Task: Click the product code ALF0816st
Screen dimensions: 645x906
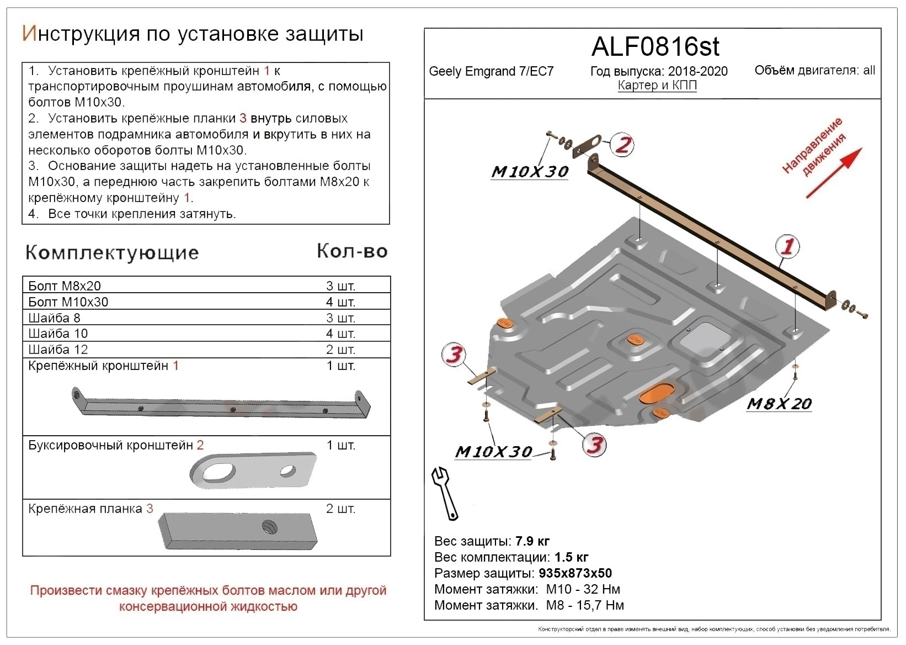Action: point(655,47)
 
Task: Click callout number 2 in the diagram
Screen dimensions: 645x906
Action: point(622,145)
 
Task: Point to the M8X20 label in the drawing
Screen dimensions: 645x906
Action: point(779,404)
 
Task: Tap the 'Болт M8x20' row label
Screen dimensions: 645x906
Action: point(65,286)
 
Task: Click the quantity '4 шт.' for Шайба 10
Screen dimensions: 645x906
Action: point(340,334)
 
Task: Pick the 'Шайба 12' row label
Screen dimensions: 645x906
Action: point(58,350)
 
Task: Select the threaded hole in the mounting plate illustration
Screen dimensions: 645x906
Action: point(269,527)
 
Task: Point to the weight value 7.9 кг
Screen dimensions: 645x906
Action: point(532,541)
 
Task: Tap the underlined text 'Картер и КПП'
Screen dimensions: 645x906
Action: point(657,86)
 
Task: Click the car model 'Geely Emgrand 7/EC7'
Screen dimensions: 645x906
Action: point(491,71)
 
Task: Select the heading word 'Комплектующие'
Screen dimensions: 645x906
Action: point(112,252)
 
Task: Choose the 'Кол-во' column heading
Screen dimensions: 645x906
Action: point(352,251)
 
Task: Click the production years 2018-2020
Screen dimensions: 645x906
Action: point(697,71)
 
